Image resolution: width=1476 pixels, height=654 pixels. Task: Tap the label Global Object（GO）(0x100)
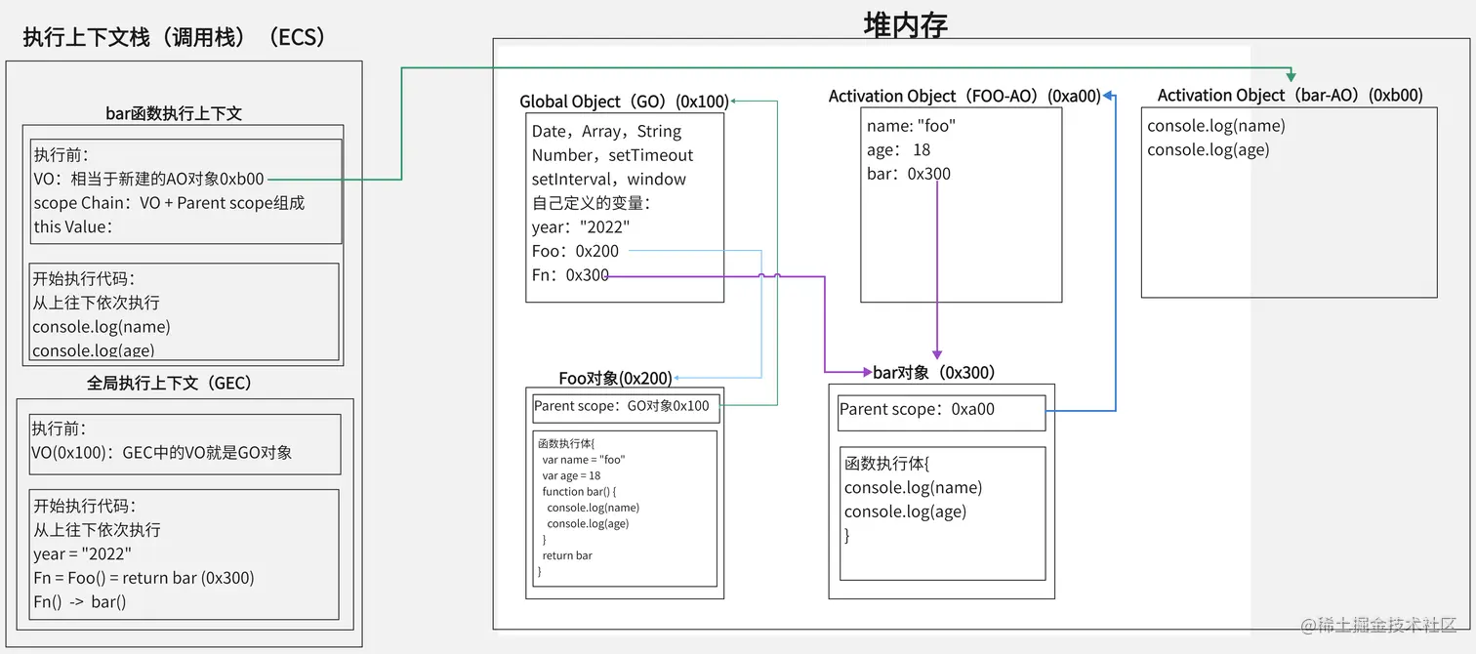click(x=624, y=102)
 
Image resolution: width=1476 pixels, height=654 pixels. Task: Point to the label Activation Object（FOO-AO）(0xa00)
click(x=963, y=96)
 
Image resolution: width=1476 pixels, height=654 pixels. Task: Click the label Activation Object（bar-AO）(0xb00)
click(x=1290, y=95)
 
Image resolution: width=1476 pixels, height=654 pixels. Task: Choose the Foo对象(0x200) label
click(x=615, y=379)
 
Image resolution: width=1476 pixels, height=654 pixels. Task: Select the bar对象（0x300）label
click(x=933, y=373)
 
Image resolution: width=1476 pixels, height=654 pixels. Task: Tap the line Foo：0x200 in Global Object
click(x=575, y=251)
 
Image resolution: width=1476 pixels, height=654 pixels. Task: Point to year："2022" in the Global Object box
click(x=581, y=226)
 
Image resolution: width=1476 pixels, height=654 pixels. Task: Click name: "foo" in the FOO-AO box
click(x=911, y=126)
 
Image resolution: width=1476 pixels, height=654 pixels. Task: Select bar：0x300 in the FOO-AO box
click(x=908, y=174)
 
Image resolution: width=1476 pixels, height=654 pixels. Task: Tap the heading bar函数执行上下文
click(x=174, y=113)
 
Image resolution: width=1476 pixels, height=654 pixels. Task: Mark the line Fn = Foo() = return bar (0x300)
click(x=143, y=578)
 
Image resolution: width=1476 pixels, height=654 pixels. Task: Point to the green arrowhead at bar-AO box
click(x=1291, y=76)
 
